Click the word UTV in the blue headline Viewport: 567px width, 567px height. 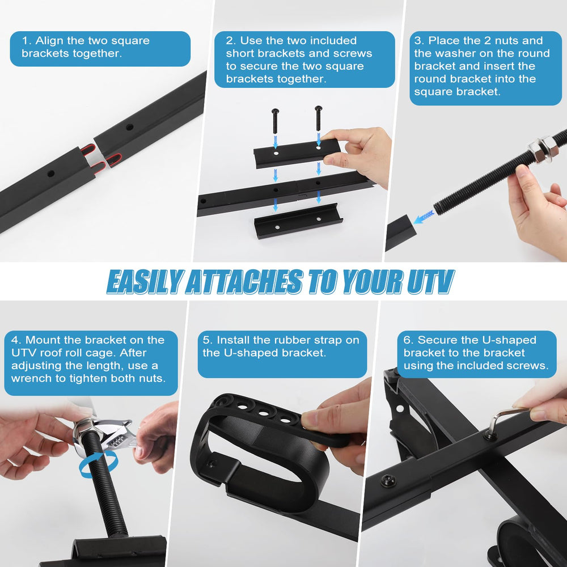430,281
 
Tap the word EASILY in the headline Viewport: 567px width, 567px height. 143,281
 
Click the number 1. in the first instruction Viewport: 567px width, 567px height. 27,40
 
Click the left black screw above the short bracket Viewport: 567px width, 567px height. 275,121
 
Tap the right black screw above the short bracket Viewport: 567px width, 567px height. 318,119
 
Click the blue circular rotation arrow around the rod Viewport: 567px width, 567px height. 98,464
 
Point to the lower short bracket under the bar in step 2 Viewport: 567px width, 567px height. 298,221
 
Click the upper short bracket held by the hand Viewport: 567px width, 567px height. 297,153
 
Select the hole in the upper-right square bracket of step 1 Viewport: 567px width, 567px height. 129,127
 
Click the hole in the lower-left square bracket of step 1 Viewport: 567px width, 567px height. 51,174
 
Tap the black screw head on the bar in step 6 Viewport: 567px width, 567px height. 388,481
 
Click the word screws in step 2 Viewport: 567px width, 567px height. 353,53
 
